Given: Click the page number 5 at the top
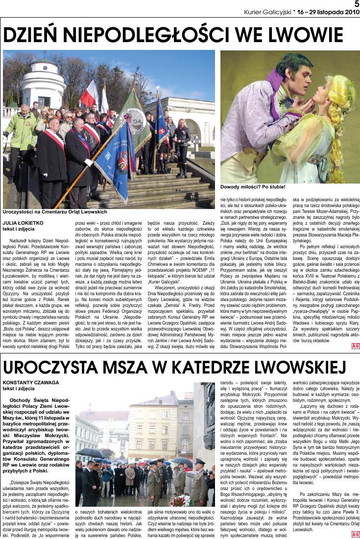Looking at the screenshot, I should click(357, 4).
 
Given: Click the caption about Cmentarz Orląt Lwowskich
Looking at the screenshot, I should click(54, 212).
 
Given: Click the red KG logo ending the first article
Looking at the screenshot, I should click(355, 346).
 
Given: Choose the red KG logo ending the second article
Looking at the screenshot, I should click(355, 534).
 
